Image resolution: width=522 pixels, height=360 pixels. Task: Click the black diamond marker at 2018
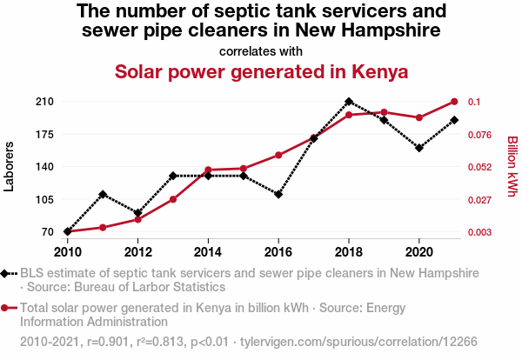point(349,102)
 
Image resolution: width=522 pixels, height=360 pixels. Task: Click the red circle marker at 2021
point(454,102)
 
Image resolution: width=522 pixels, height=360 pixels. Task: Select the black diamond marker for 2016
point(278,194)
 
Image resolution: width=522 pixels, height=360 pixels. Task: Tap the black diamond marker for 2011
point(103,194)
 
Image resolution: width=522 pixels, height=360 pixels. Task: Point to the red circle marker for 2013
point(173,199)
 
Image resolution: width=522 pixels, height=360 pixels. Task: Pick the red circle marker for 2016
point(278,155)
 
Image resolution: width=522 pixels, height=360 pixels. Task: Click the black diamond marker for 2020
point(419,148)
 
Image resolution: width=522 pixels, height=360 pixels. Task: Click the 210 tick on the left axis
point(45,102)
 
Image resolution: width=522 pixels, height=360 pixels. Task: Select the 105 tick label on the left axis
point(45,199)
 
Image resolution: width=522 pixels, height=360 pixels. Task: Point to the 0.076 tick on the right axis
point(481,134)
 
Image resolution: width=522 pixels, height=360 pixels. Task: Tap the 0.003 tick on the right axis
point(481,232)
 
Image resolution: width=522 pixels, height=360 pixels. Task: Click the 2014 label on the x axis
point(208,252)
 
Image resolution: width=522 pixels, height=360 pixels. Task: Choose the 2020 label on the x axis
point(419,252)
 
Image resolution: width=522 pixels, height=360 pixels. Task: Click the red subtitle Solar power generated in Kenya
point(261,71)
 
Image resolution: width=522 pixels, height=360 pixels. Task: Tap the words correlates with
point(261,50)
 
